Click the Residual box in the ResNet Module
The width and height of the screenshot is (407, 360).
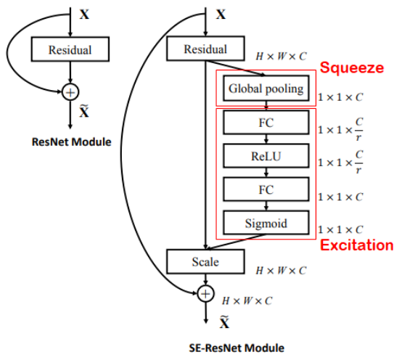click(x=70, y=50)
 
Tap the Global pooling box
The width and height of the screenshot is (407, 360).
click(x=266, y=89)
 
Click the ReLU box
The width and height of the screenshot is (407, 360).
click(x=266, y=155)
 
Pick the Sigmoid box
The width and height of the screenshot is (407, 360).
click(x=266, y=223)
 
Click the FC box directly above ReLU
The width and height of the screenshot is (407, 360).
click(x=266, y=122)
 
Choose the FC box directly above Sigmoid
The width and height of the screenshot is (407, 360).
click(x=266, y=189)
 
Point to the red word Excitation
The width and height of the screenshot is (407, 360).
click(x=356, y=245)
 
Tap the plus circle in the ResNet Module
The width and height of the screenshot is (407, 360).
click(x=70, y=91)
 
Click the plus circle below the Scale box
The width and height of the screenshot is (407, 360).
click(x=206, y=293)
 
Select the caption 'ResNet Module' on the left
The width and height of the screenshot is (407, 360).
click(x=72, y=142)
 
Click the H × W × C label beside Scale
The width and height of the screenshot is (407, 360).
click(x=280, y=271)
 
